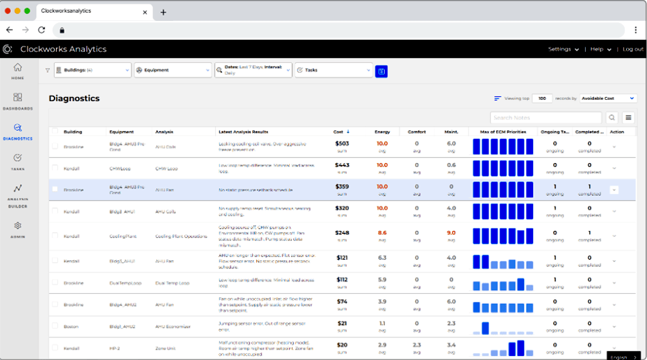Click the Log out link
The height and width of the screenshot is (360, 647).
click(x=633, y=49)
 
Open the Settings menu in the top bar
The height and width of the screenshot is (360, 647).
click(x=563, y=49)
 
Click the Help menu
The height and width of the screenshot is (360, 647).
click(x=600, y=49)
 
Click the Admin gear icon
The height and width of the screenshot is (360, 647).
click(x=18, y=226)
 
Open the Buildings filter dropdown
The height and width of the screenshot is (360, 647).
click(x=92, y=69)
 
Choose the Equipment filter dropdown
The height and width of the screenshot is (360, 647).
click(x=173, y=69)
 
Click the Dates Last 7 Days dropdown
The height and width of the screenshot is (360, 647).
click(x=253, y=69)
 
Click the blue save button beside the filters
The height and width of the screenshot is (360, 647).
click(x=381, y=70)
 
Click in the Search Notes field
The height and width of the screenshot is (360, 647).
click(x=546, y=117)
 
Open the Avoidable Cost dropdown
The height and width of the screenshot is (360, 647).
click(x=608, y=98)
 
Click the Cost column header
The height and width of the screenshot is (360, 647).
click(x=340, y=131)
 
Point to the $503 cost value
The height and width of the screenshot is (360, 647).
click(x=342, y=143)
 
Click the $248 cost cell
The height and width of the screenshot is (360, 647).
click(x=342, y=233)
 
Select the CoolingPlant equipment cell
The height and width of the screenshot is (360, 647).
click(x=123, y=236)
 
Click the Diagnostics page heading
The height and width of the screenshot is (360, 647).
click(x=74, y=98)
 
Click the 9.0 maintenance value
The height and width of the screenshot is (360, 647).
click(x=452, y=233)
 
